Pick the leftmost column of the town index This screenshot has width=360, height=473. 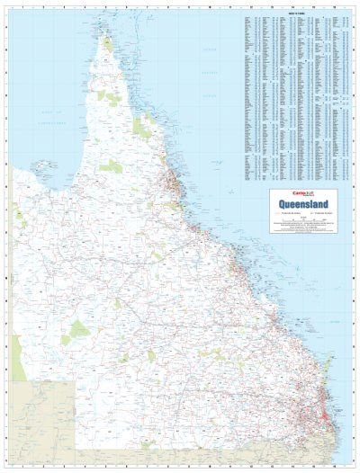click(249, 90)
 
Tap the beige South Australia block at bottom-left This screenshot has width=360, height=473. click(40, 423)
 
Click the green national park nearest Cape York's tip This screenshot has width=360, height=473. click(108, 45)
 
